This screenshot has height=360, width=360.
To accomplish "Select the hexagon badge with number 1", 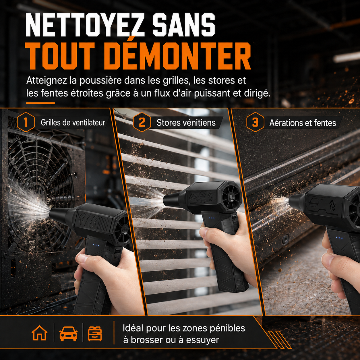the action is point(26,122).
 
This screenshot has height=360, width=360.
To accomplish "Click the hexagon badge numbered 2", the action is point(142,122).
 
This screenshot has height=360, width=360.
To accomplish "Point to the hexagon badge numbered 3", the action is point(255,122).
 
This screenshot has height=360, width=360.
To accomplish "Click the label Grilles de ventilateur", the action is point(73,123).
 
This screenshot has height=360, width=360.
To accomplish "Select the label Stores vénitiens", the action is point(186,123).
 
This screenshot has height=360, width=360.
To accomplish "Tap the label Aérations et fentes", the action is point(303,123).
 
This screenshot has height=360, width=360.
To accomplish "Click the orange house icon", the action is point(39,333).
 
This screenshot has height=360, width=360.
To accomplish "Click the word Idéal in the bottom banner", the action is point(133,328).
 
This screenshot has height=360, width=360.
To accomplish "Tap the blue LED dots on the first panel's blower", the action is point(96,245).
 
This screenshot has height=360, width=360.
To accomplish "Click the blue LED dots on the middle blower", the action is point(212,218).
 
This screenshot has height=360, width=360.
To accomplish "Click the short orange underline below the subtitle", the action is point(40,103).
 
